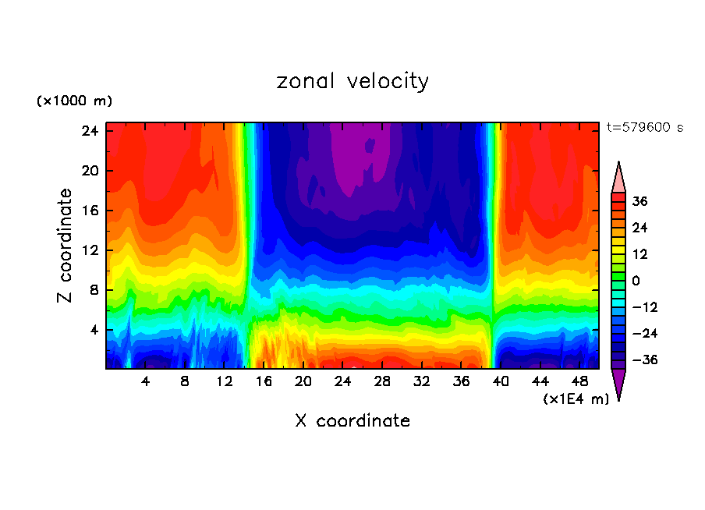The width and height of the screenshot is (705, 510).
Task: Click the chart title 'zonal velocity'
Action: coord(352,81)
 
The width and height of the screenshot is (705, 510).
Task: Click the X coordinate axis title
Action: coord(352,421)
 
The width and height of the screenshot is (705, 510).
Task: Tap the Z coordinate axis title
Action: coord(66,246)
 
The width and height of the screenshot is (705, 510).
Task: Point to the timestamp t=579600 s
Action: coord(644,128)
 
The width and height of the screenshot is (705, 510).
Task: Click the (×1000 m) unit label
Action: coord(74,101)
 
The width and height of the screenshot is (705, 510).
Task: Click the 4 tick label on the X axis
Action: coord(145,382)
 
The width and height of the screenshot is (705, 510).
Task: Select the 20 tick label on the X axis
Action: coord(303,382)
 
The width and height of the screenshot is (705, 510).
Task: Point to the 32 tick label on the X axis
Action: coord(422,382)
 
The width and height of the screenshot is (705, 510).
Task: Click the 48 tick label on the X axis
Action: coord(580,382)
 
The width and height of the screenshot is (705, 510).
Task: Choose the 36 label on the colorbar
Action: coord(639,201)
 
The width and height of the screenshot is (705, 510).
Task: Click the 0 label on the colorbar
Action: coord(636,281)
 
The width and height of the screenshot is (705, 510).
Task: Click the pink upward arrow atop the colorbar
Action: coord(618,177)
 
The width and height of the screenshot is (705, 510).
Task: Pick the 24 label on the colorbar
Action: coord(639,228)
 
